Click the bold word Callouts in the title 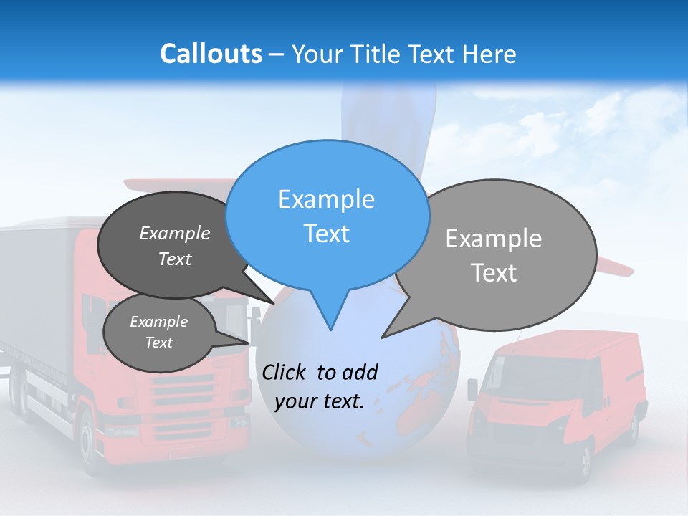click(211, 54)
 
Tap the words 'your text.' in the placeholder click(319, 401)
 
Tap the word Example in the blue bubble click(326, 199)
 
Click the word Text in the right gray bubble click(494, 273)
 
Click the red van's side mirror click(472, 389)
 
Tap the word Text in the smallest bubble click(158, 343)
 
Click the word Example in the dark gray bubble click(175, 233)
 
